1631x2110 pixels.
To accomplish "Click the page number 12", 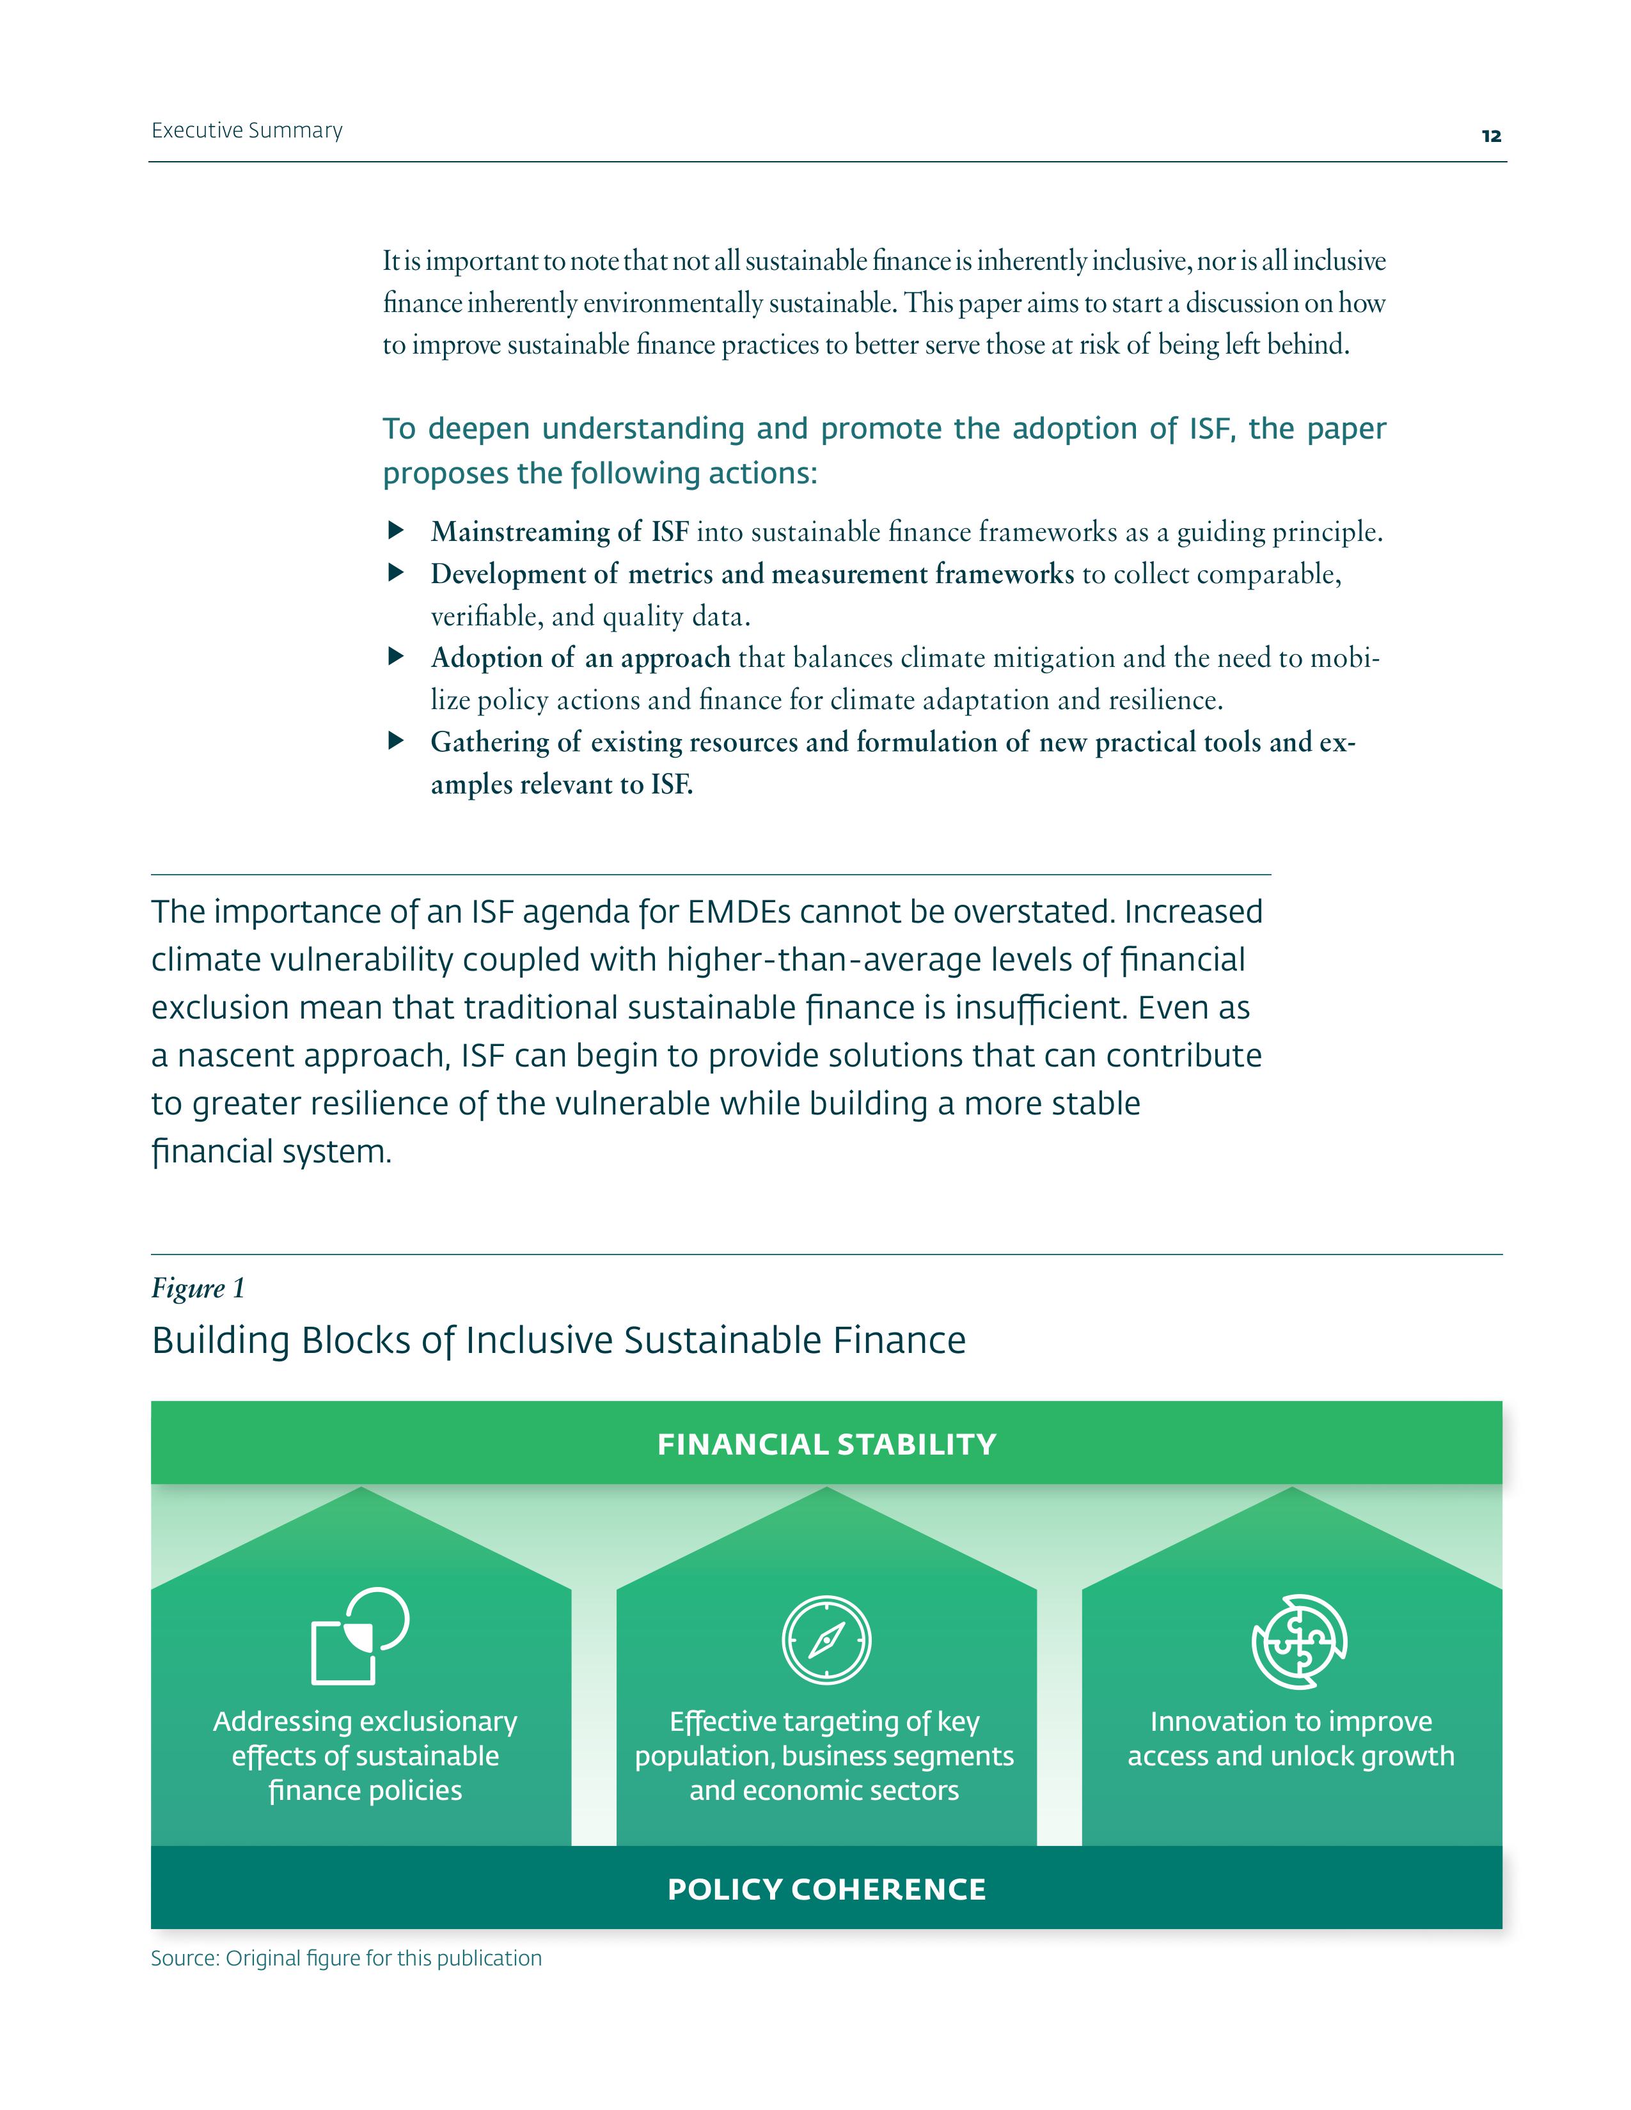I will pyautogui.click(x=1491, y=136).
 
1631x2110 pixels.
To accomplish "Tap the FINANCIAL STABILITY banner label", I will pyautogui.click(x=826, y=1444).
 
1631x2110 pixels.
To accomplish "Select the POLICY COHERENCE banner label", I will pyautogui.click(x=826, y=1889).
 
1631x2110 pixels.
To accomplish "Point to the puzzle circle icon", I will pyautogui.click(x=1300, y=1641).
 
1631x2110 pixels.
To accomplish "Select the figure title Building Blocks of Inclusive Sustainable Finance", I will pyautogui.click(x=558, y=1341).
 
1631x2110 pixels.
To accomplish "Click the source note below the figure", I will pyautogui.click(x=346, y=1958).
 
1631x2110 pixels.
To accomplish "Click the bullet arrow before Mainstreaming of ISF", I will pyautogui.click(x=395, y=531).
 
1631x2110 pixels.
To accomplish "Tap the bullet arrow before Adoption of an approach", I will pyautogui.click(x=395, y=657).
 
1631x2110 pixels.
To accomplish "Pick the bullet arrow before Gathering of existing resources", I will pyautogui.click(x=395, y=741).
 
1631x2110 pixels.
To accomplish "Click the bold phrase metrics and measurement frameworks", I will pyautogui.click(x=850, y=574).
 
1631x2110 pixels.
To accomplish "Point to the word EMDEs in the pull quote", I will pyautogui.click(x=738, y=912).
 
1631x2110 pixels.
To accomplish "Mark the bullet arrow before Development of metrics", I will pyautogui.click(x=395, y=573).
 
